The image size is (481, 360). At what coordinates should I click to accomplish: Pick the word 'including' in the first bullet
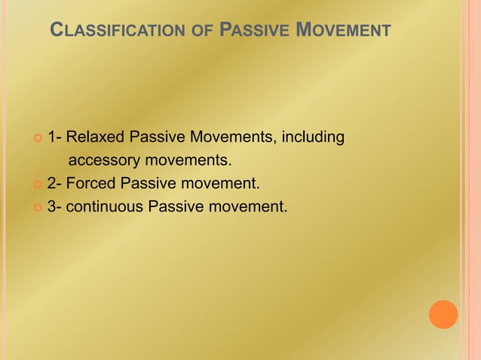coord(313,138)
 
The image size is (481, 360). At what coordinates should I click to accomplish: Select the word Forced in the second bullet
coord(92,183)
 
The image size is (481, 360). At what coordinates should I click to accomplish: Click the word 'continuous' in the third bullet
coord(102,206)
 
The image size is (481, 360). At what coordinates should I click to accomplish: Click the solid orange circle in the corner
coord(443,315)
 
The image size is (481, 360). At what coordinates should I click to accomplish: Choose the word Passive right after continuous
coord(170,206)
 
